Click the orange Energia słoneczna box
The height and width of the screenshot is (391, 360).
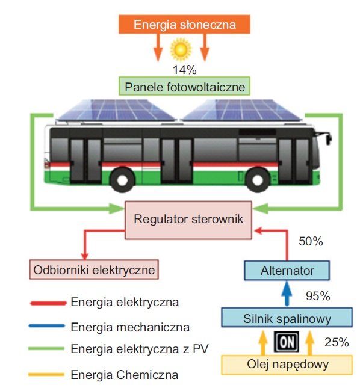[184, 24]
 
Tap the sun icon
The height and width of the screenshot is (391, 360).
[181, 49]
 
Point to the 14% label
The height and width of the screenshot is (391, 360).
[185, 70]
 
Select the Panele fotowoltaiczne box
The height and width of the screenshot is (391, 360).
[184, 86]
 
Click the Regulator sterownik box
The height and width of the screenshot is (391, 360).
[188, 220]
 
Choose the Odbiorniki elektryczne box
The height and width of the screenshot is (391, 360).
[94, 269]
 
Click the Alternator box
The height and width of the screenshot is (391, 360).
[287, 271]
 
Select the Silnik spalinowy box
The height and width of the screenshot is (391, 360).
[287, 317]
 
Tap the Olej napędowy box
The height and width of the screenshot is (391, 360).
[287, 365]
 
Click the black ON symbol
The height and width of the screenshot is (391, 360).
[286, 342]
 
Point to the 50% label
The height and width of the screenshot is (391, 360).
[311, 241]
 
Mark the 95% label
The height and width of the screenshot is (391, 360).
[318, 296]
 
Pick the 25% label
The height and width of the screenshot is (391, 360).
[337, 342]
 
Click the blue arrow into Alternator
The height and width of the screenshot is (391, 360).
[287, 294]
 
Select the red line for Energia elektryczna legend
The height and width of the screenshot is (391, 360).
[48, 303]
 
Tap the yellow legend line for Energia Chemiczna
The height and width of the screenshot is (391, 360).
[46, 374]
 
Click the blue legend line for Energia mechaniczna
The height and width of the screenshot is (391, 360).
[47, 325]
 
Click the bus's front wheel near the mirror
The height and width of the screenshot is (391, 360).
[258, 179]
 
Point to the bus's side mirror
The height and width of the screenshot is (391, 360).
[328, 138]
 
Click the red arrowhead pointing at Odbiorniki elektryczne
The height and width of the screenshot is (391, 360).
[85, 256]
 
